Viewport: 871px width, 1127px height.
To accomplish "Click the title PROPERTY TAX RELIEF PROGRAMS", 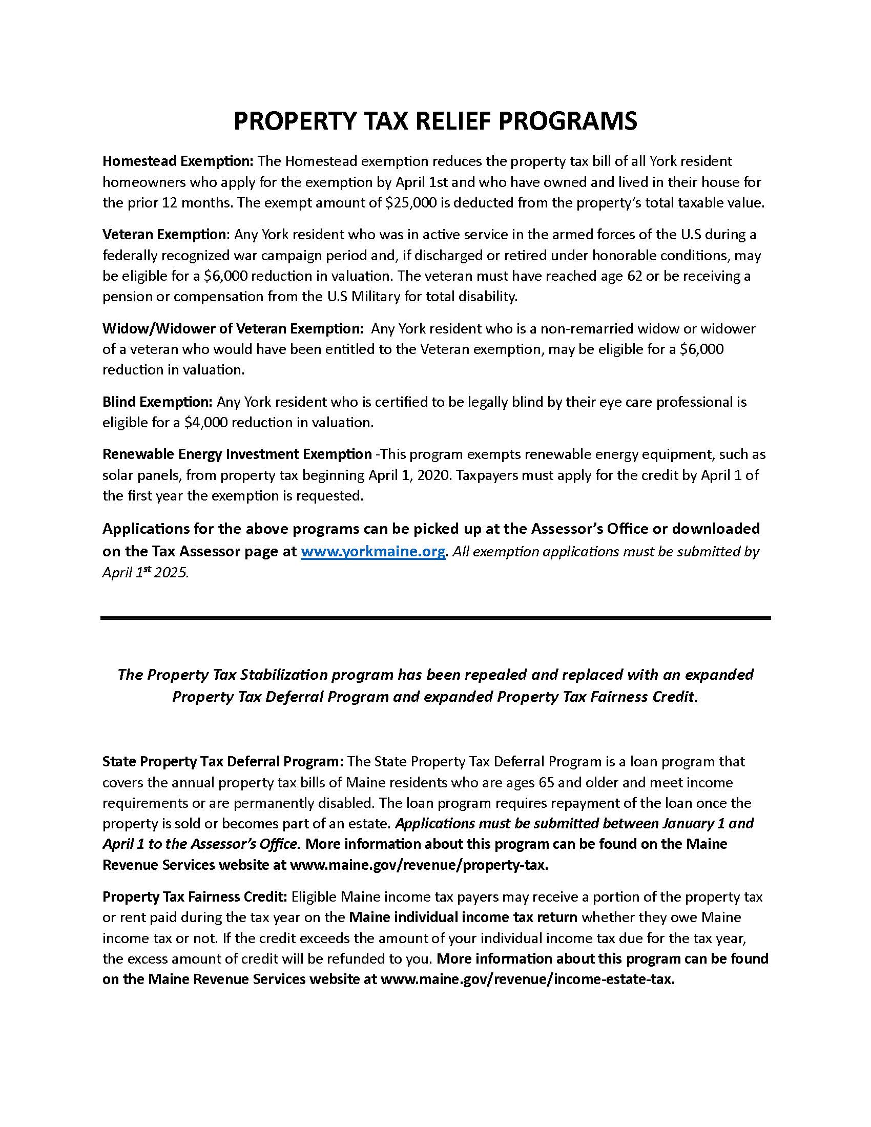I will tap(435, 121).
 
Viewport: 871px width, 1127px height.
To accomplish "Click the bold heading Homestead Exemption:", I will tap(177, 161).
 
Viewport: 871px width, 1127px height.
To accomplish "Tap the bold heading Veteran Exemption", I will tap(164, 235).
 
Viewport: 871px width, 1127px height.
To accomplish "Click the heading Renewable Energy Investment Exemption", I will tap(237, 454).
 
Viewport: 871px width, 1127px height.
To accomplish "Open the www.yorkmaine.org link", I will tap(372, 552).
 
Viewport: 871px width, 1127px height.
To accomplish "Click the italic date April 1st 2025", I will tap(146, 573).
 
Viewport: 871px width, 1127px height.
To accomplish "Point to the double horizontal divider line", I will tap(435, 618).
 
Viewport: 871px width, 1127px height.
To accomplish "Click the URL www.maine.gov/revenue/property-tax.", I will tap(419, 865).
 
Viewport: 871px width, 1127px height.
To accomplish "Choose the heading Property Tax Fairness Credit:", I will tap(195, 897).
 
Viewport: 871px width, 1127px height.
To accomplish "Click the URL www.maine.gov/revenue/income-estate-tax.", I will tap(527, 979).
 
